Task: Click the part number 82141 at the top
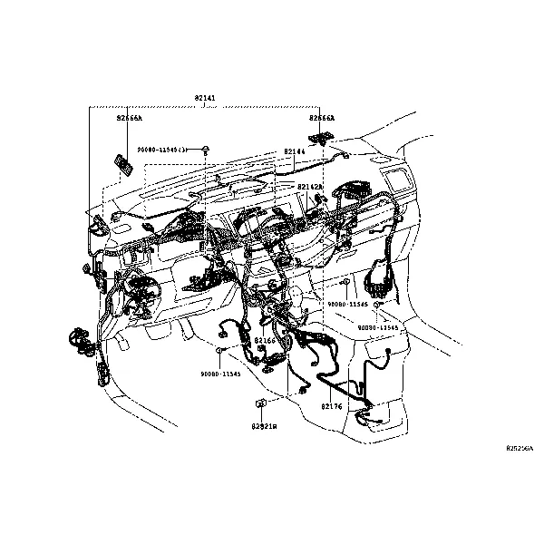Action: (206, 96)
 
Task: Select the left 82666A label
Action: (129, 118)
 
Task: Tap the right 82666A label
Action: (321, 118)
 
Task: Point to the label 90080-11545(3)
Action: (161, 149)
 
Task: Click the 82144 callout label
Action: (294, 151)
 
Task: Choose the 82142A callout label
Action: (310, 186)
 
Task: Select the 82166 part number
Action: (264, 340)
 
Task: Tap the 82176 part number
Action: (331, 407)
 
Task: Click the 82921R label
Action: (264, 425)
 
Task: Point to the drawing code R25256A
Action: (520, 448)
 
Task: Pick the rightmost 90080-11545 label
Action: (377, 326)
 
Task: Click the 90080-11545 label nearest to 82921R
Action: (220, 374)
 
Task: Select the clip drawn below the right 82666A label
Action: (320, 138)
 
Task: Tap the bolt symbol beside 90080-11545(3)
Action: (207, 148)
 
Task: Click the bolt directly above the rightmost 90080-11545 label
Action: (377, 305)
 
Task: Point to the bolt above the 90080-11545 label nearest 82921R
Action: (219, 348)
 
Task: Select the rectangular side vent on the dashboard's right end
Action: (395, 180)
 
